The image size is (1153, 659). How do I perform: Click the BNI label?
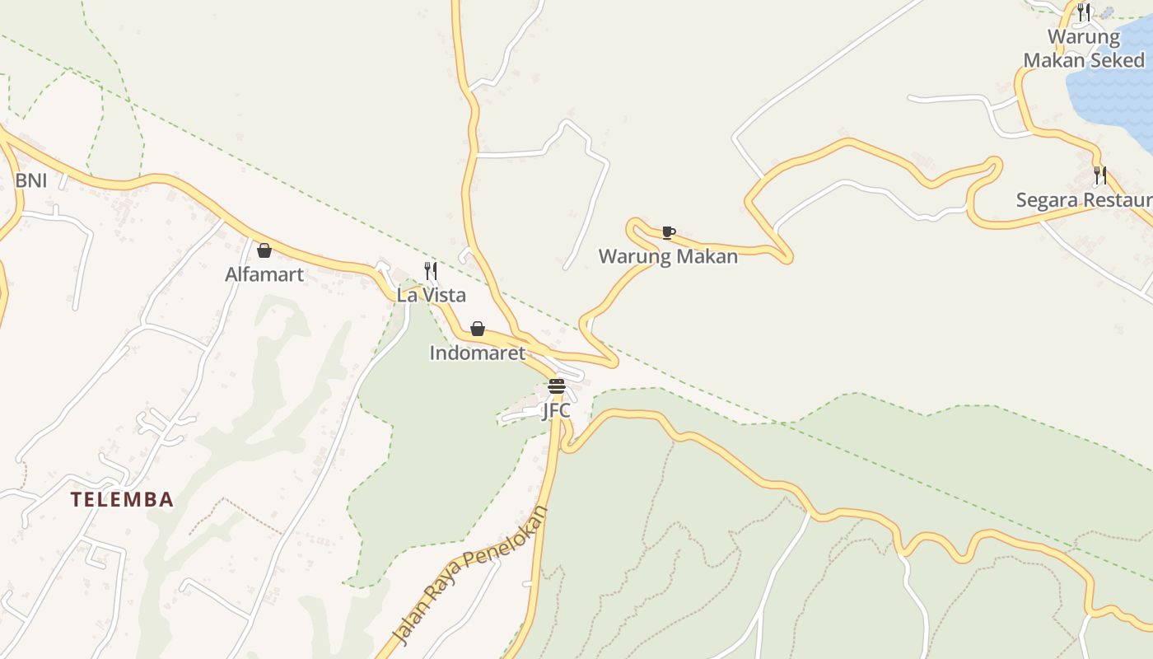31,180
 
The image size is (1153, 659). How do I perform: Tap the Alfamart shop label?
264,274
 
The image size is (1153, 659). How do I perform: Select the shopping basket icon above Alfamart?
264,250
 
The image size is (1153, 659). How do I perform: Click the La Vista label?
431,295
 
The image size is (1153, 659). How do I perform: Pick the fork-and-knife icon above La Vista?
431,270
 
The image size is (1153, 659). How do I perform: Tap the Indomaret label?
477,353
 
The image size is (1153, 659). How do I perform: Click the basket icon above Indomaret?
478,329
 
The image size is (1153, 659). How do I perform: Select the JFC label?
556,409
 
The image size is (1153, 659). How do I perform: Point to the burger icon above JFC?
557,386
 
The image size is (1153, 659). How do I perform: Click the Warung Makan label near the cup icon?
668,256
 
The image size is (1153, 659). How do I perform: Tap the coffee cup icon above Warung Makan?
668,233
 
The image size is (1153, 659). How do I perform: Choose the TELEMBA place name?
122,499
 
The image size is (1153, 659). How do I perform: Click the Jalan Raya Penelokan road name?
470,575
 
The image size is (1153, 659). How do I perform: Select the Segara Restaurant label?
1084,200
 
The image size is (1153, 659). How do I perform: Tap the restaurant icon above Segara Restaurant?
1099,175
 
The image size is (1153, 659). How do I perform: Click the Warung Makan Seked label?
1084,49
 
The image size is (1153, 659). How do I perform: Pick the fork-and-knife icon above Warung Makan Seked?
1084,12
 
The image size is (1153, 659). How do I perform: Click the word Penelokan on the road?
505,546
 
